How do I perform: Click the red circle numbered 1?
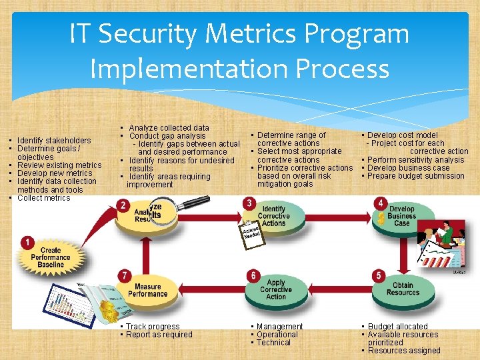tap(27, 242)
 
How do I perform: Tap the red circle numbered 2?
tap(122, 205)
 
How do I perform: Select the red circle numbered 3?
tap(249, 203)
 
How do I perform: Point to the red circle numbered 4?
tap(380, 203)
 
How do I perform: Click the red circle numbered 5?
tap(379, 275)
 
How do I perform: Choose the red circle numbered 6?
tap(253, 275)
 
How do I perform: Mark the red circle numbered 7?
tap(123, 275)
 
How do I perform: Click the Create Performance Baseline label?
tap(51, 257)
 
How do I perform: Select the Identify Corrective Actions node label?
tap(273, 216)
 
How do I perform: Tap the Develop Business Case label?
tap(401, 216)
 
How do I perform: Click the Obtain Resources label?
tap(403, 289)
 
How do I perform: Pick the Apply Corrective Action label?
tap(276, 289)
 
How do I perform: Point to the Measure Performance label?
tap(147, 290)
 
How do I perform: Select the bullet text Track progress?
tap(153, 327)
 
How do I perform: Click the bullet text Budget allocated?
tap(397, 327)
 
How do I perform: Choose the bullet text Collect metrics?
tap(43, 198)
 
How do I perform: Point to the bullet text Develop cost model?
tap(402, 135)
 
